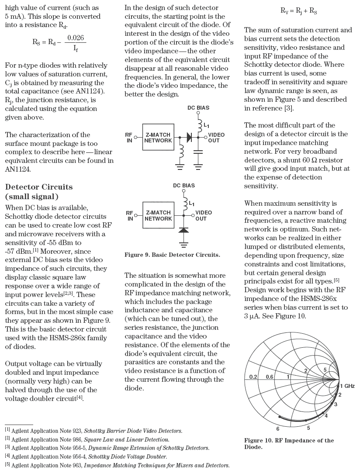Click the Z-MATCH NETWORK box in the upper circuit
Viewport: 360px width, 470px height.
(158, 138)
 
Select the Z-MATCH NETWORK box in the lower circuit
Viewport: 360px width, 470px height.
(158, 215)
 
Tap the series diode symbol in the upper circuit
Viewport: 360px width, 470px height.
(189, 137)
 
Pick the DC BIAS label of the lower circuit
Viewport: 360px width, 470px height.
(184, 186)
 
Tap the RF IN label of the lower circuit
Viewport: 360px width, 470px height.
(130, 215)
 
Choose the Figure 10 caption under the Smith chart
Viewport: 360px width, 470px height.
(288, 443)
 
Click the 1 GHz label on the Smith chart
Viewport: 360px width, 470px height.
(347, 386)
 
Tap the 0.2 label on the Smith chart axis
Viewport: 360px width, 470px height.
(253, 377)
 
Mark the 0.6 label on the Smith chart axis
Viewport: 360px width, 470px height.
(270, 377)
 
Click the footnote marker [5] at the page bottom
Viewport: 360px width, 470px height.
(7, 465)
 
